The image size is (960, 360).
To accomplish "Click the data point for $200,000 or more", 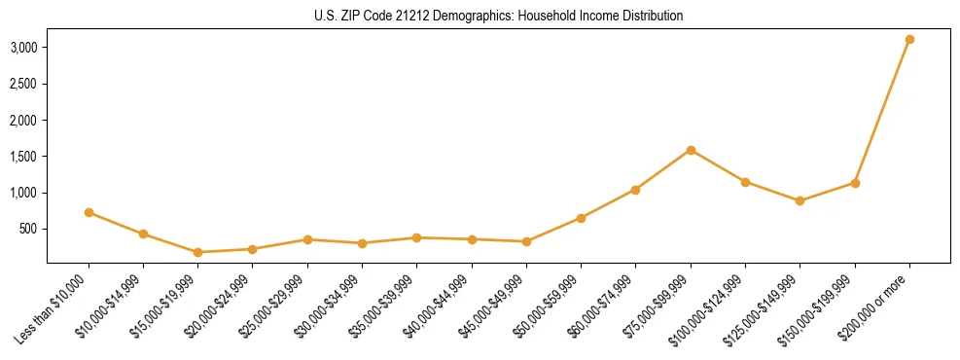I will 909,40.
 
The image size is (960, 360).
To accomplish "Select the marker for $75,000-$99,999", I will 691,150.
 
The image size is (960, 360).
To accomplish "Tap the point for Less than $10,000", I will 89,212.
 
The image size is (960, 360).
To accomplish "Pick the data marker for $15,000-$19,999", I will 197,252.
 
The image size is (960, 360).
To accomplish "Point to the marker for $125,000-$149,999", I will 800,201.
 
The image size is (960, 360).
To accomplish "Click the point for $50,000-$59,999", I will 581,218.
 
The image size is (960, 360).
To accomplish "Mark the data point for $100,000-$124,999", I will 745,182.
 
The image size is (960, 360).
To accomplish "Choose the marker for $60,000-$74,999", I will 635,190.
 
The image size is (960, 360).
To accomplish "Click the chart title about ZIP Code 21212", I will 499,16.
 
